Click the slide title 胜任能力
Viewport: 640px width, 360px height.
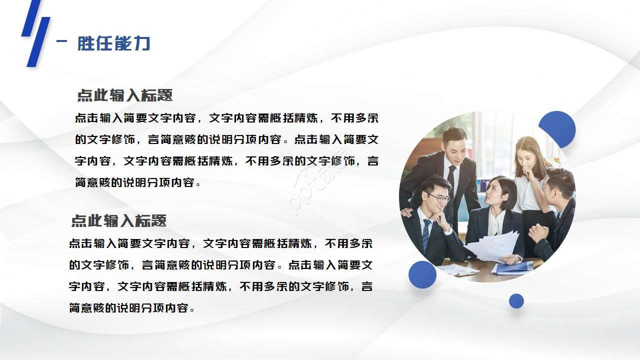click(x=113, y=43)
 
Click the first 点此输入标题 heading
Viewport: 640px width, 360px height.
click(x=124, y=95)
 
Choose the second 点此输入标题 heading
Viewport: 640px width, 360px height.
click(x=118, y=220)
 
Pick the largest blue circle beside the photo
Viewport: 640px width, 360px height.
click(x=557, y=129)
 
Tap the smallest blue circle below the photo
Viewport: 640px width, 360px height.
click(x=516, y=301)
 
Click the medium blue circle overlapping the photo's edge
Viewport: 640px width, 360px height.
click(x=422, y=274)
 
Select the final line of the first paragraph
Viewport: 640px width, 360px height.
click(x=137, y=182)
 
